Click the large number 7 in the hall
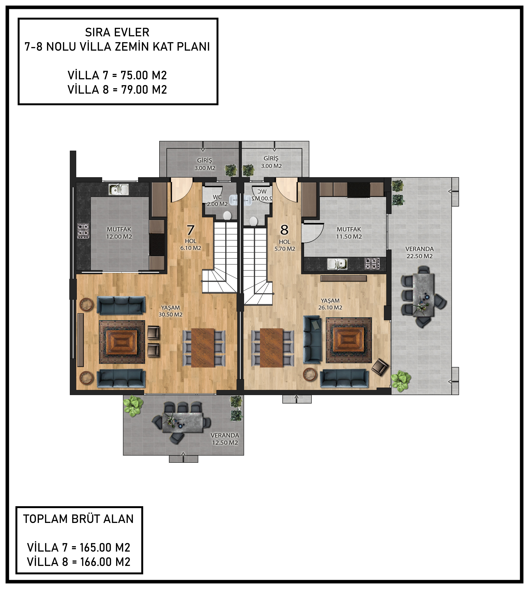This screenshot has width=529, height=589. (190, 230)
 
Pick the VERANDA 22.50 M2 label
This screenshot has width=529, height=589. (419, 253)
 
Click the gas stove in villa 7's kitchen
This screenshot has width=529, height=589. (83, 231)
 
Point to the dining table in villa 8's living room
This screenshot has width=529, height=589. (271, 348)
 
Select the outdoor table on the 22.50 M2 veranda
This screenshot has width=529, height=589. (424, 294)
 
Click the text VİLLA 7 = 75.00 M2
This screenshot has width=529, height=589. (117, 75)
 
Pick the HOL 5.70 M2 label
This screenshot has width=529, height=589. (285, 245)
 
